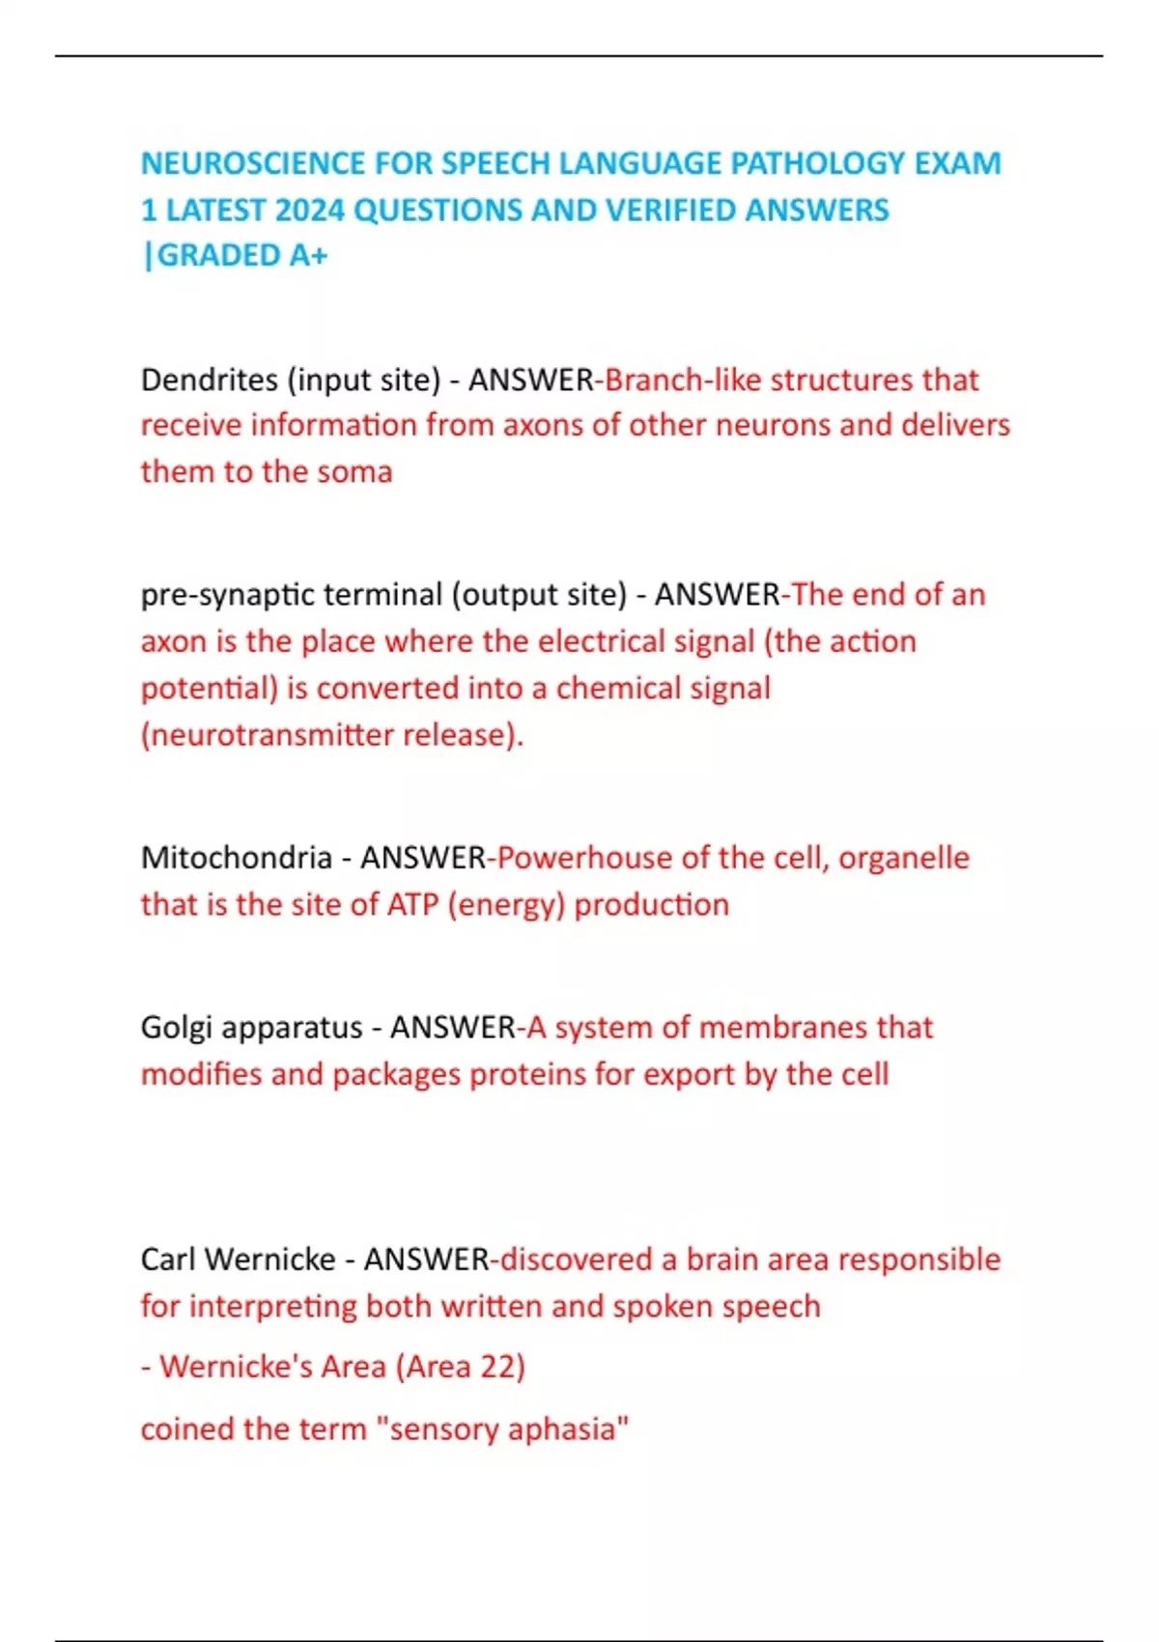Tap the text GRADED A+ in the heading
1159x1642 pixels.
click(241, 255)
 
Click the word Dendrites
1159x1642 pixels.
click(209, 380)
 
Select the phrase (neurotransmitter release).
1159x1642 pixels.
click(332, 735)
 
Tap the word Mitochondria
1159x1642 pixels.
click(237, 858)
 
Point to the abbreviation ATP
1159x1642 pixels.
click(412, 905)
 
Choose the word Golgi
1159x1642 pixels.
click(176, 1028)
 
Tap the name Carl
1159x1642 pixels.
click(169, 1260)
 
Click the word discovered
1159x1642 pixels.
click(576, 1260)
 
